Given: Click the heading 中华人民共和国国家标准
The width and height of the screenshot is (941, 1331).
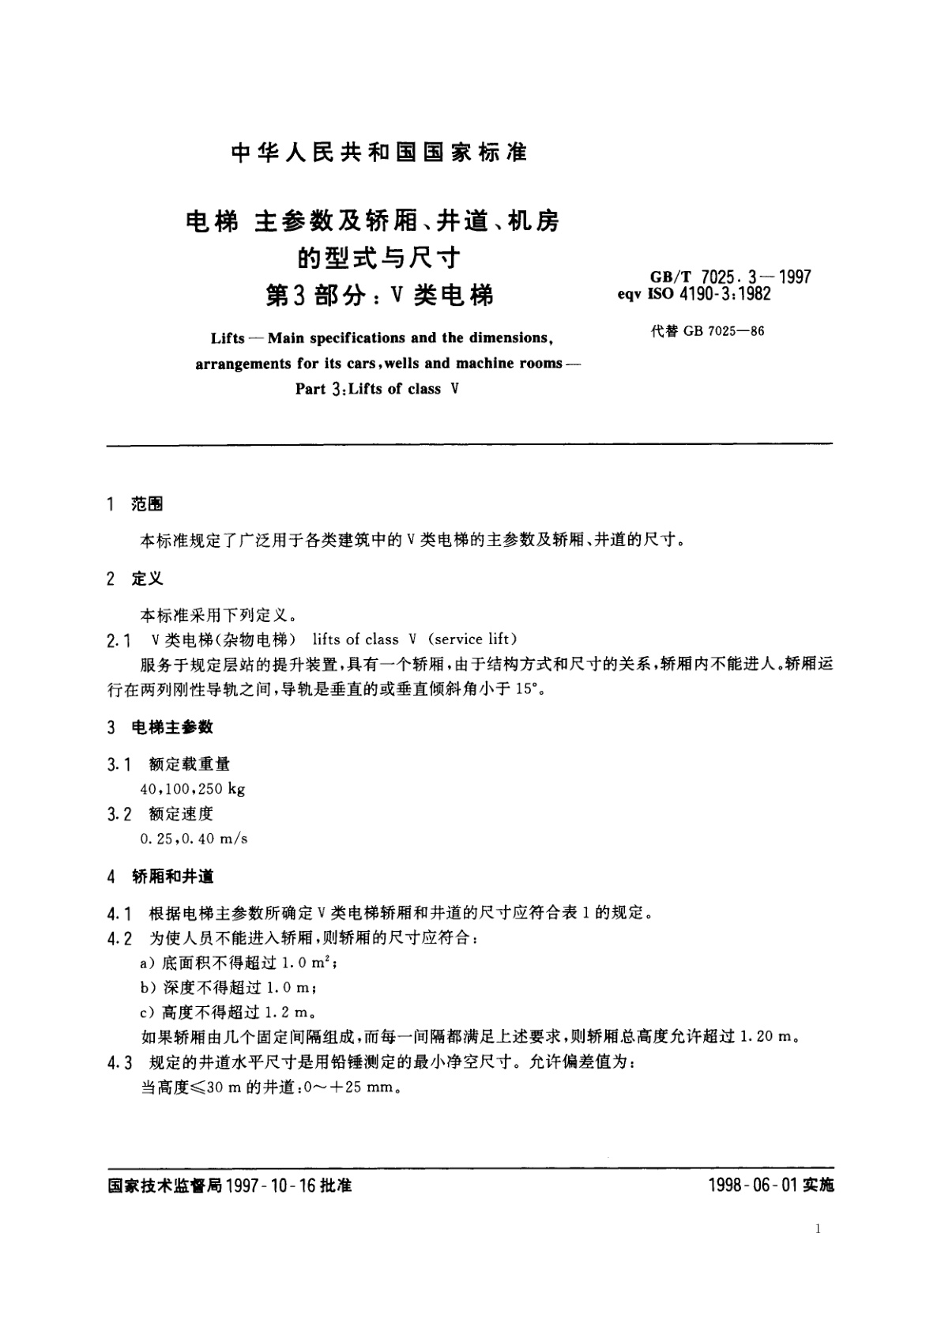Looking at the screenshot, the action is point(379,153).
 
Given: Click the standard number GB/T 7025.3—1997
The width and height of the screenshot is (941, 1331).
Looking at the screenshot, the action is point(730,277).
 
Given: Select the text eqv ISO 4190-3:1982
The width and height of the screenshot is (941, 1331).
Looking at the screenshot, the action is point(694,294).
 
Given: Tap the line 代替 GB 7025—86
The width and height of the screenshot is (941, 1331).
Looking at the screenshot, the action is point(707,331).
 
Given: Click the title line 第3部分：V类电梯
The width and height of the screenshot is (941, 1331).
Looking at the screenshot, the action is point(380,296).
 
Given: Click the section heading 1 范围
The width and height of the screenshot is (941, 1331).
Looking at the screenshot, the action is point(135,504).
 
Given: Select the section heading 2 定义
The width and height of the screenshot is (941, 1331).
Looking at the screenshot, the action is point(135,579).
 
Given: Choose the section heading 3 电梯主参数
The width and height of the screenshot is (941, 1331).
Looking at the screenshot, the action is point(160,727).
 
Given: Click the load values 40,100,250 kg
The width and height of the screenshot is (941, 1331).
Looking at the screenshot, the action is point(192,788).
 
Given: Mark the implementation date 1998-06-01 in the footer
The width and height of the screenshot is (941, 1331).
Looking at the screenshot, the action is point(751,1186).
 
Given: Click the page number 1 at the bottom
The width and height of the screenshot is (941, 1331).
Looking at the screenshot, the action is point(817,1228).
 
